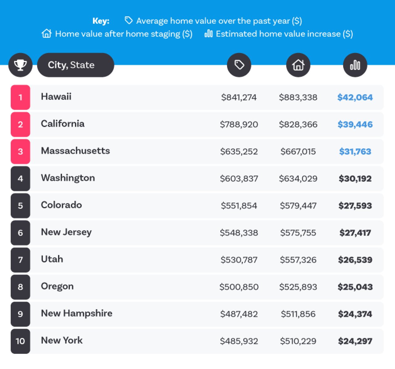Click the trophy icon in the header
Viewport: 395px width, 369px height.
coord(20,65)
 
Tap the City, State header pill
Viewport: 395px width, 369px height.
coord(75,65)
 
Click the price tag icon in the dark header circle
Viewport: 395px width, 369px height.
coord(239,65)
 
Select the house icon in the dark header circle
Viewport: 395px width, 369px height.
coord(298,65)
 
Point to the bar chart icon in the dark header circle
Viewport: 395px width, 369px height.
coord(355,65)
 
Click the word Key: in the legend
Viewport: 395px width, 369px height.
coord(101,21)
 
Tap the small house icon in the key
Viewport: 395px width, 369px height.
coord(47,34)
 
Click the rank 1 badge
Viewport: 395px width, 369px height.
coord(20,97)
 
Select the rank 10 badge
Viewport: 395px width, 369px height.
coord(20,341)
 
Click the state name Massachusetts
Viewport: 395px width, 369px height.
coord(75,151)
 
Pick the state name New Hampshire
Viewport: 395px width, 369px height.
coord(77,313)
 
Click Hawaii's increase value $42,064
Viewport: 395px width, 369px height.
coord(355,97)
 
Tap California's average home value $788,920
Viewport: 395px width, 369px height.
coord(239,125)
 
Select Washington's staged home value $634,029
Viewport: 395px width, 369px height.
coord(298,179)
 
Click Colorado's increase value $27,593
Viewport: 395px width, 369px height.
coord(355,206)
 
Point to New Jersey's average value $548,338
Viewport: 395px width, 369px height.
coord(239,233)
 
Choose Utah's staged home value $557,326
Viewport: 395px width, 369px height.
coord(298,260)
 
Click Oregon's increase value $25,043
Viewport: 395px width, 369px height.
coord(355,287)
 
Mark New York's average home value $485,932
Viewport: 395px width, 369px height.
coord(239,341)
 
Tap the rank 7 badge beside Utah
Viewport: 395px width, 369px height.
coord(20,260)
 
